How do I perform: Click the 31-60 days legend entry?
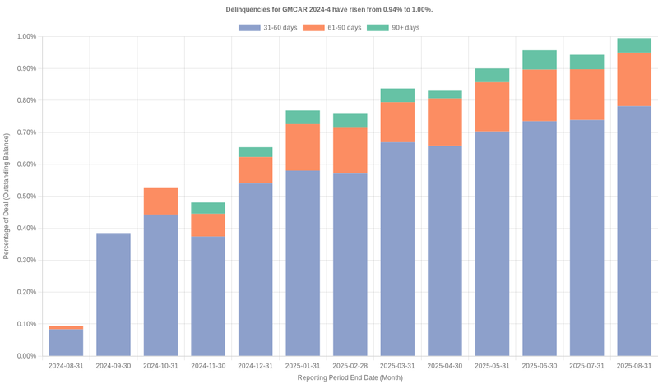tap(266, 28)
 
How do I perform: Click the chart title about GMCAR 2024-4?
tap(329, 9)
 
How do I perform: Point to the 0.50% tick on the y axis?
tap(25, 197)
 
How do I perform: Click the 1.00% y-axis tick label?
tap(25, 37)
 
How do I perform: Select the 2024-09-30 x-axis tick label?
tap(113, 365)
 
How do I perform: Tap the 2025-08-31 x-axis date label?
tap(634, 365)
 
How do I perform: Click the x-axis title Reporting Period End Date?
tap(350, 377)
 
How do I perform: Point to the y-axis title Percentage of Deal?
tap(7, 196)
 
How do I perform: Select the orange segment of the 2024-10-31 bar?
tap(160, 201)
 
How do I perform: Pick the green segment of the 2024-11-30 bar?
tap(208, 208)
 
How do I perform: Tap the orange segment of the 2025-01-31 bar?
tap(303, 147)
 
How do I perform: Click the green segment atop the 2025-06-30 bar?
tap(540, 60)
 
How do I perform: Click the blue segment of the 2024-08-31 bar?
tap(66, 343)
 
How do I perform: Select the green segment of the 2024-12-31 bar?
tap(255, 152)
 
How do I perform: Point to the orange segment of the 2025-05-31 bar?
tap(492, 107)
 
